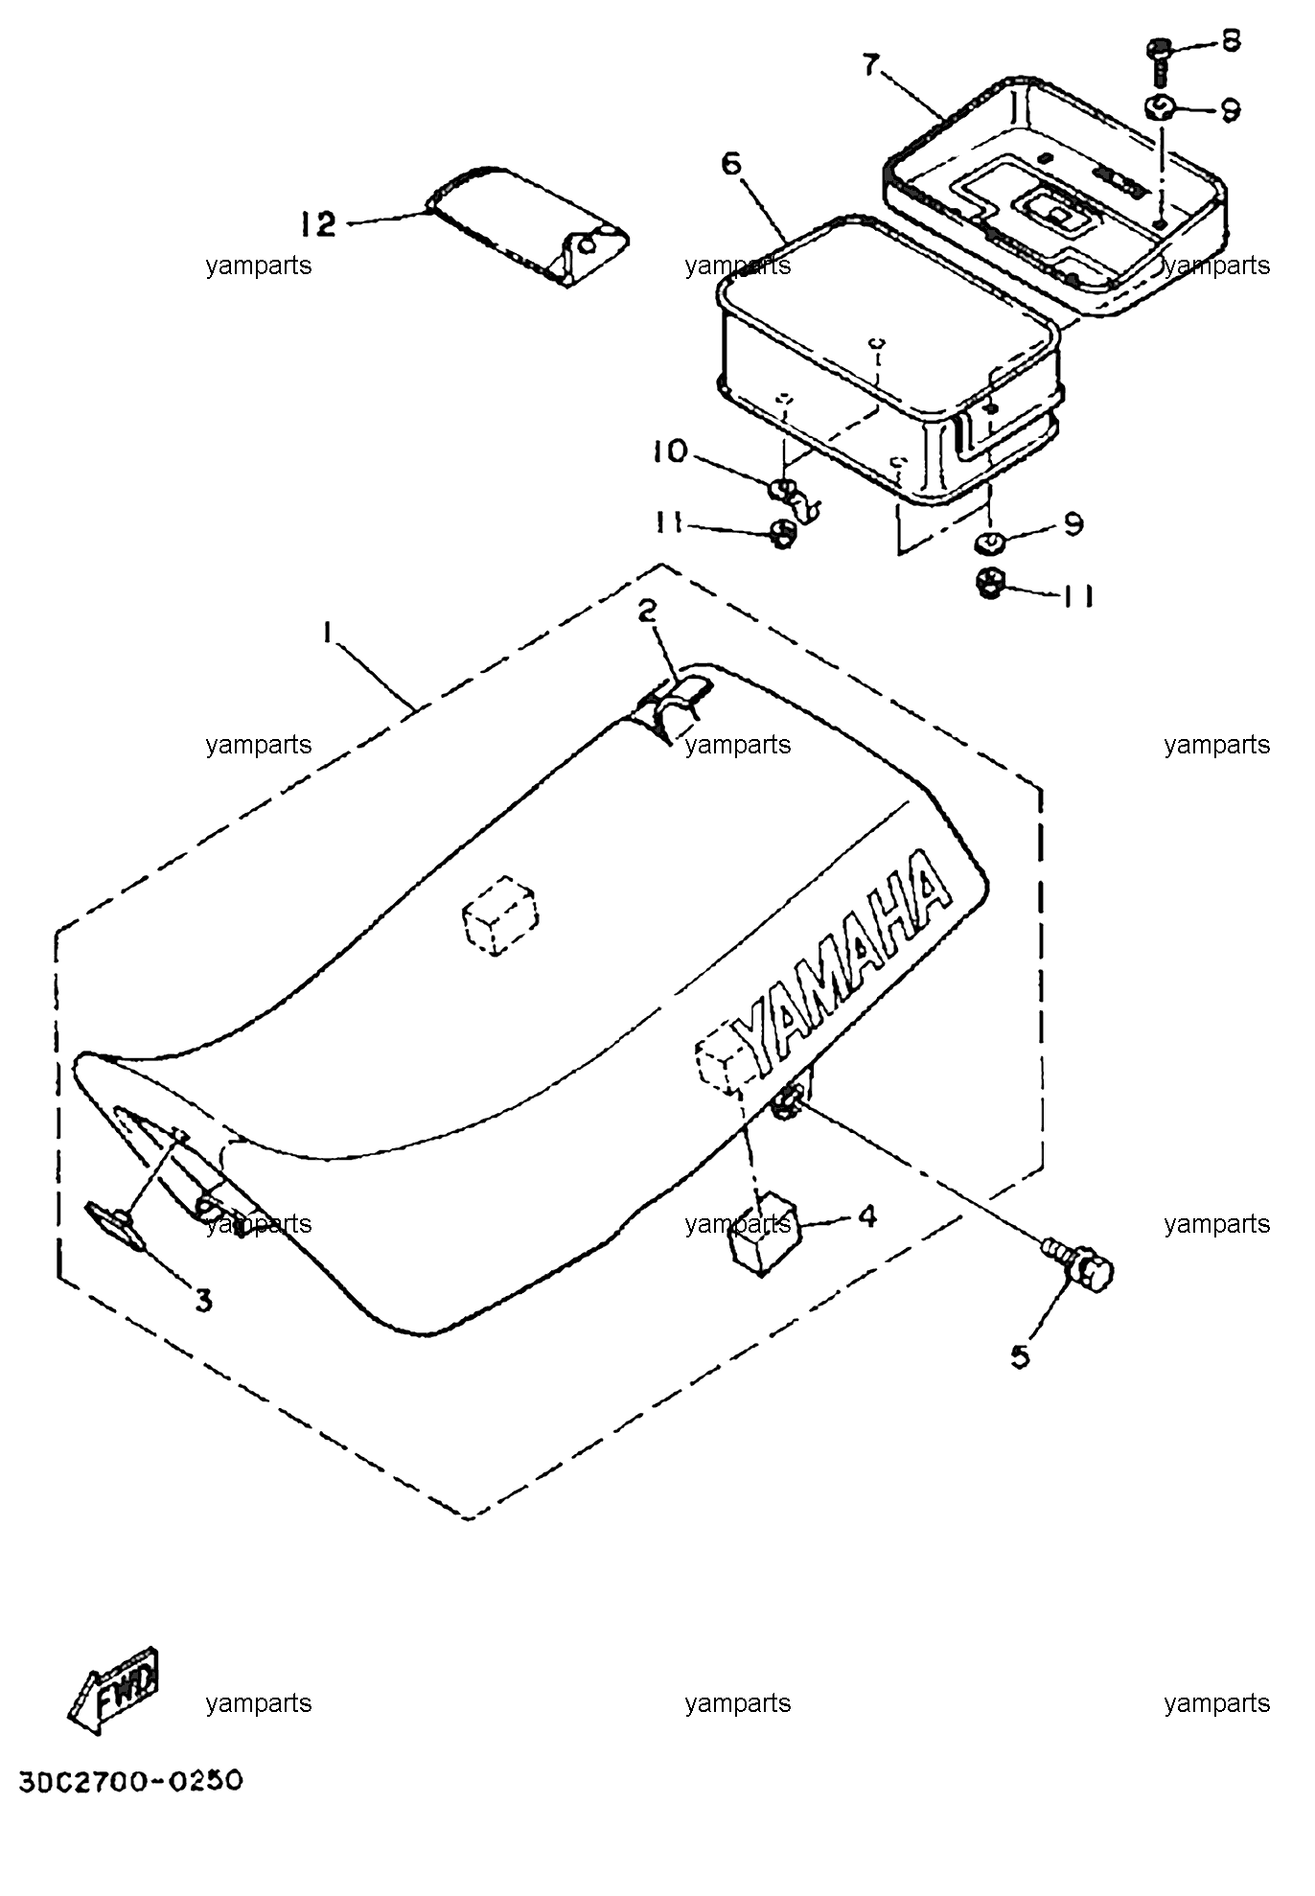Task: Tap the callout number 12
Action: [x=318, y=225]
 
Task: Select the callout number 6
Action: [x=731, y=164]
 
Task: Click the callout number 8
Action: [x=1229, y=40]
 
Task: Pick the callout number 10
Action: [x=672, y=451]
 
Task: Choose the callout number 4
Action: [x=867, y=1216]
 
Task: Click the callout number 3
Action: [x=204, y=1300]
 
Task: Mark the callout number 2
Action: [x=649, y=611]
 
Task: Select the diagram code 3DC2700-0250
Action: [x=130, y=1781]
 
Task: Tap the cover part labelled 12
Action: [x=526, y=225]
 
